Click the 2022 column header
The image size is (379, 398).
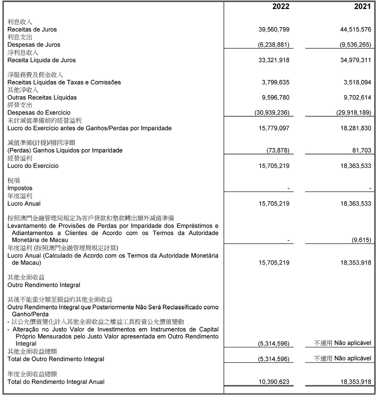(281, 7)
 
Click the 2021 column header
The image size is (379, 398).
(362, 7)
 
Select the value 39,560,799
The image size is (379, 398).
(274, 30)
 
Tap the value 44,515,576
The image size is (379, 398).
(355, 30)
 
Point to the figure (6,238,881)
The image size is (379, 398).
(274, 45)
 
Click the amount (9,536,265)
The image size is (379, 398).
(355, 45)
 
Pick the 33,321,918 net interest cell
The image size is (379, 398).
(274, 60)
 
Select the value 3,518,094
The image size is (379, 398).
(357, 83)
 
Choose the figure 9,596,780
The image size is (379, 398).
(276, 98)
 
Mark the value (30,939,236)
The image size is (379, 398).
(272, 113)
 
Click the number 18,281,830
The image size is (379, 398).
(355, 128)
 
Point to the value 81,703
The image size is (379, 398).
(361, 151)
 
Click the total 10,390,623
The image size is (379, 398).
(274, 382)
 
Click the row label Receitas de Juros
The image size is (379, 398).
(32, 30)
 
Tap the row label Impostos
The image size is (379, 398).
(20, 188)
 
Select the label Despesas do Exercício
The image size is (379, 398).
(39, 113)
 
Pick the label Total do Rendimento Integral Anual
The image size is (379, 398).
(56, 382)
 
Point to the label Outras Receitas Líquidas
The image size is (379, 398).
(42, 98)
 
